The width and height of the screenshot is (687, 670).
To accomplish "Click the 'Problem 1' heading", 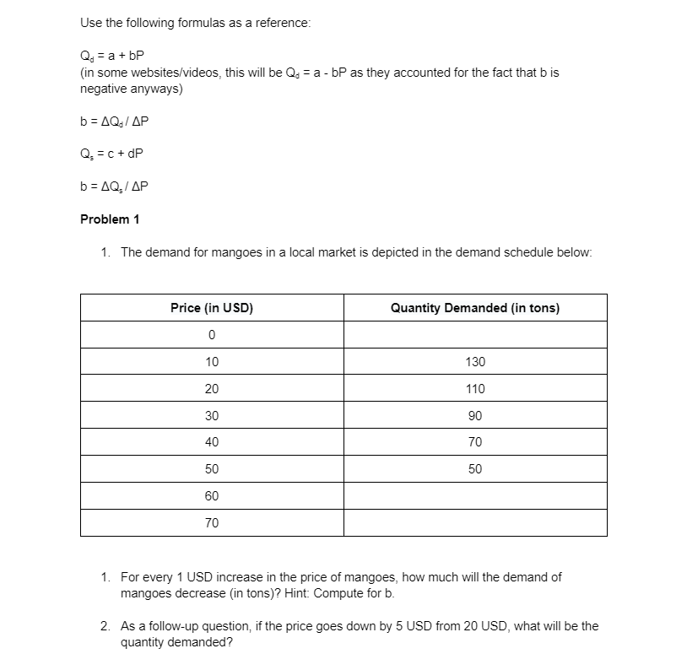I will click(110, 219).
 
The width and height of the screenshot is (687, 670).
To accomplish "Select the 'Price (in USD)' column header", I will click(212, 308).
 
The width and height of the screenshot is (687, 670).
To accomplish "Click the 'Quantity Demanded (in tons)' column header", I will click(474, 308).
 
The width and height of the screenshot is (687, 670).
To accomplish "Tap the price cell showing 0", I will click(212, 335).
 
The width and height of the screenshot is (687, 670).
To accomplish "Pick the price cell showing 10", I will click(212, 362).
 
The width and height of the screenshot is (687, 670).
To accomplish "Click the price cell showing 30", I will click(212, 415).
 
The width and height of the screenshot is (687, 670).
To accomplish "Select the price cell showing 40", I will click(212, 442).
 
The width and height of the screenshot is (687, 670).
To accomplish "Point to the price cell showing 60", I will click(212, 496).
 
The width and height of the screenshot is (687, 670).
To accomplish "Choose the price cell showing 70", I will click(212, 523).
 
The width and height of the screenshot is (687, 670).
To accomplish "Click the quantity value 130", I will click(475, 362).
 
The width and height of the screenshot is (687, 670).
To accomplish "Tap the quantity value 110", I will click(475, 389).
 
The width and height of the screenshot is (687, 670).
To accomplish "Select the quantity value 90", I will click(475, 415).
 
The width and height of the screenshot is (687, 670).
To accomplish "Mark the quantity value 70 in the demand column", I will click(475, 442).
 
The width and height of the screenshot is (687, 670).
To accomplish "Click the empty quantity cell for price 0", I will click(475, 335).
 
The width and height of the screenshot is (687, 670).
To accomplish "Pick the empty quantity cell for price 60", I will click(475, 496).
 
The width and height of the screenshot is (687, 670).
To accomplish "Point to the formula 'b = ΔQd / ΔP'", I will click(116, 122).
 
